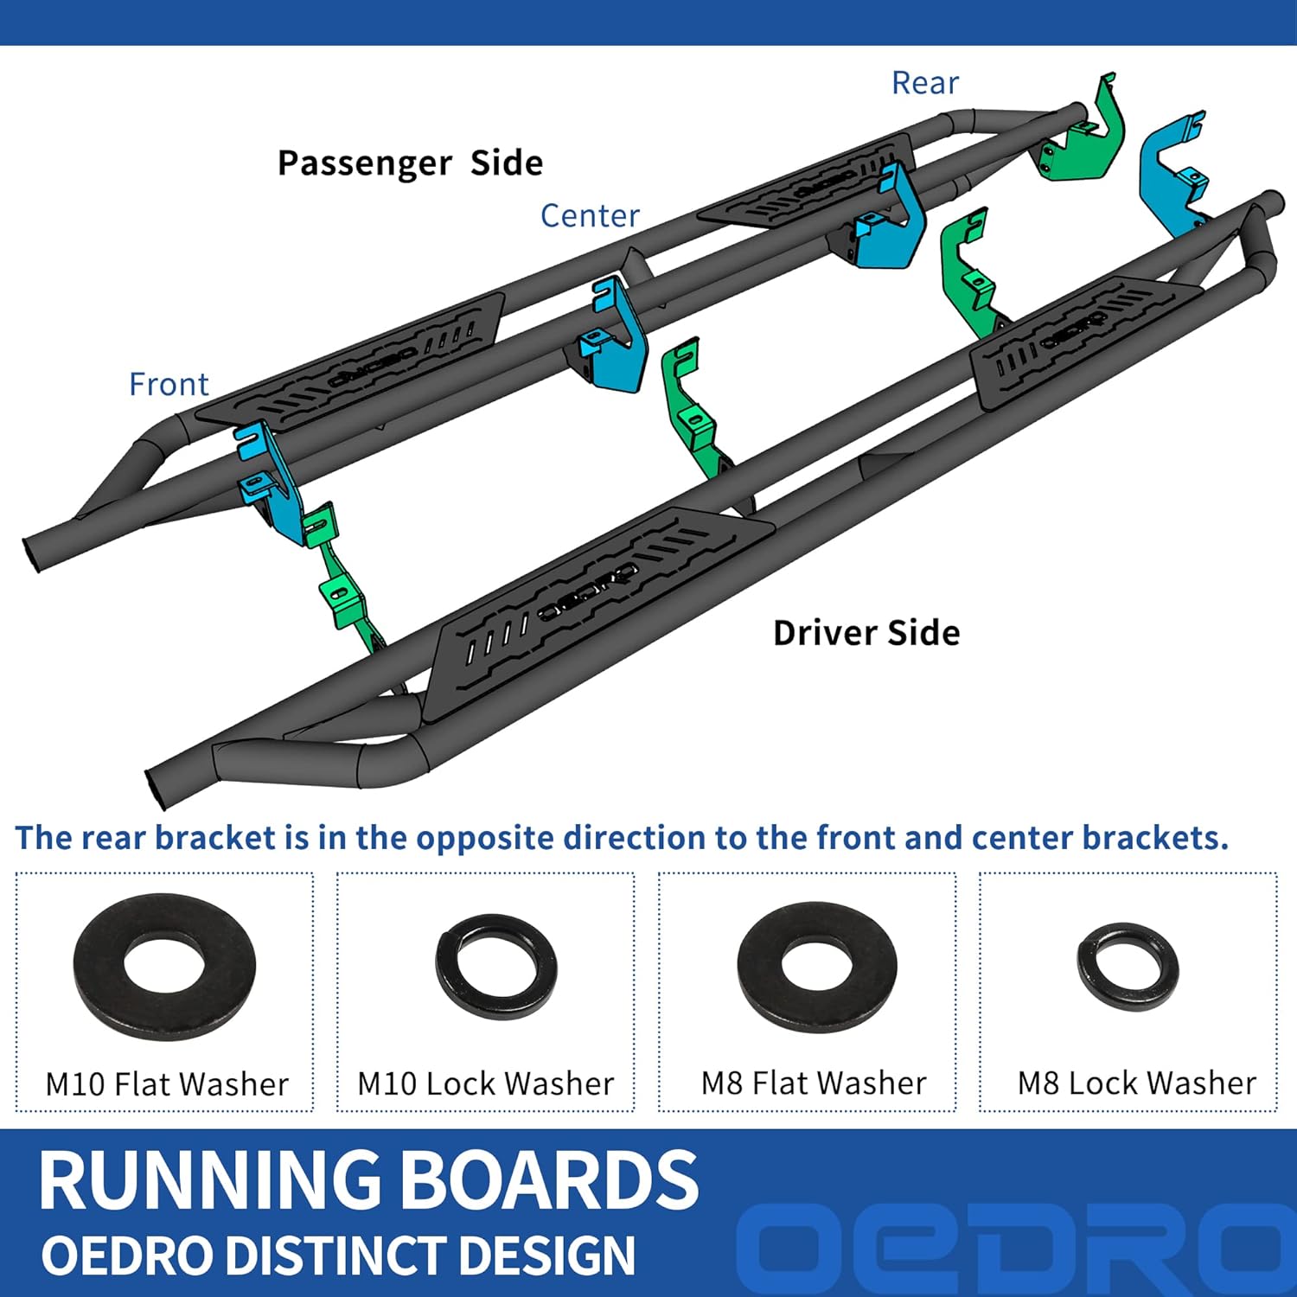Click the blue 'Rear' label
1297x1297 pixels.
(924, 83)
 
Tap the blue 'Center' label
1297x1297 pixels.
(590, 215)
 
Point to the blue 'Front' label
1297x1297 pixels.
(169, 384)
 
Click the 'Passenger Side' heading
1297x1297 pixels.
(410, 163)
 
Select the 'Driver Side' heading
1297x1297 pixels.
(866, 633)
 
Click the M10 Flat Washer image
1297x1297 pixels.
(164, 967)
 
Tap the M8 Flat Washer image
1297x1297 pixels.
(816, 967)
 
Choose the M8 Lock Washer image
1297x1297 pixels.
(1128, 964)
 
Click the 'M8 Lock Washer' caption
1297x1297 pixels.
(1136, 1083)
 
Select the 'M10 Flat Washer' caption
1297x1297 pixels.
(167, 1083)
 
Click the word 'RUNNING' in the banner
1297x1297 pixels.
(209, 1180)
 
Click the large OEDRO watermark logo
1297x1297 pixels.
(1012, 1245)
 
